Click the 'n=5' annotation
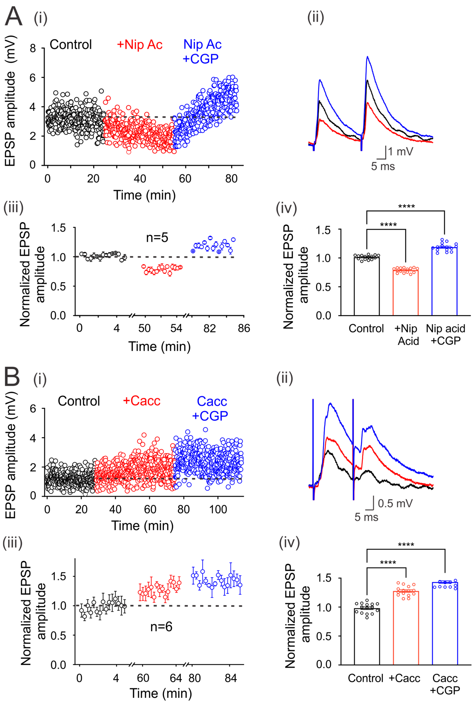point(157,238)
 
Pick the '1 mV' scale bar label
point(401,151)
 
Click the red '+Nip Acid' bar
point(405,292)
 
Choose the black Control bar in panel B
point(367,636)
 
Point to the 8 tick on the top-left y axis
point(33,49)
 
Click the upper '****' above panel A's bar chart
point(406,207)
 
